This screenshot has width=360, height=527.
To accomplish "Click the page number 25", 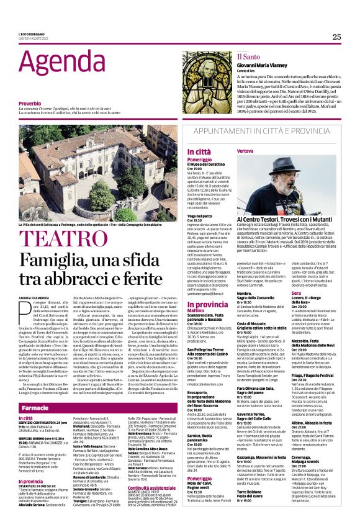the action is [336, 37].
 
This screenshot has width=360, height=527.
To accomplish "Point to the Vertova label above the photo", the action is [245, 151].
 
